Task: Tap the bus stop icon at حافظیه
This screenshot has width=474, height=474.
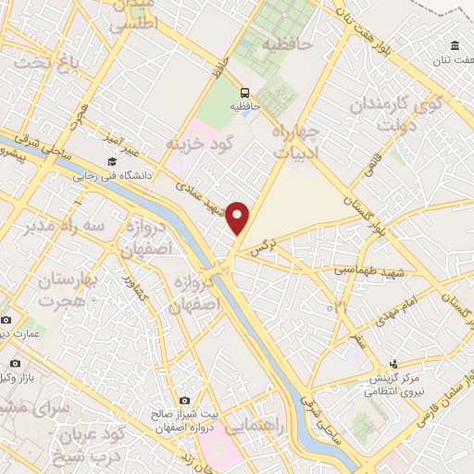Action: (x=244, y=93)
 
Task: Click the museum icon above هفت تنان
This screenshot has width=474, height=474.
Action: (x=455, y=46)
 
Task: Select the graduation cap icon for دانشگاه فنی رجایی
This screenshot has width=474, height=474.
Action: (x=112, y=163)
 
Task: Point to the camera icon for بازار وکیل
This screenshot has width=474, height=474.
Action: (x=15, y=364)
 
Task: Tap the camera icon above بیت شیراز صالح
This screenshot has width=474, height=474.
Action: (x=185, y=375)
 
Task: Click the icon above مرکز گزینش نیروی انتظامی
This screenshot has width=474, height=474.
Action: (x=394, y=364)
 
